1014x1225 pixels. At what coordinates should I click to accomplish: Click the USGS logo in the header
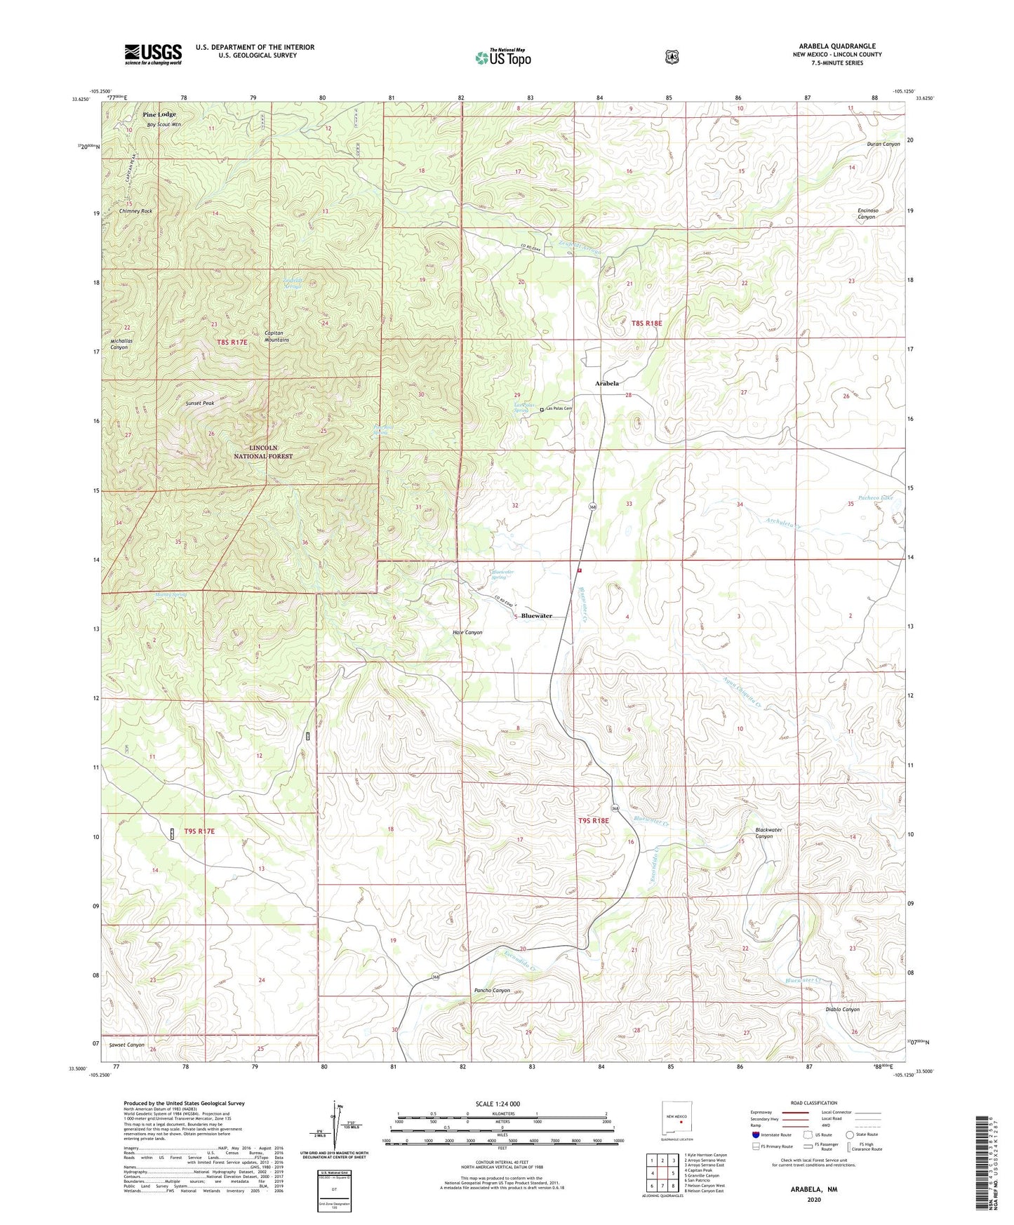[x=153, y=54]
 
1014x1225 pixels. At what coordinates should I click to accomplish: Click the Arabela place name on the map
[x=607, y=384]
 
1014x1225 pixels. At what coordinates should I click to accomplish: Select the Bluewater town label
[x=536, y=616]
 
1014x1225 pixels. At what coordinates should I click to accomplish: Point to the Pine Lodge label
[x=159, y=114]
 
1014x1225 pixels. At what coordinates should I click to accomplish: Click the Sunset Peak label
[x=199, y=403]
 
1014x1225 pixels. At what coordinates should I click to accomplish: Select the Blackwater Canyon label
[x=768, y=833]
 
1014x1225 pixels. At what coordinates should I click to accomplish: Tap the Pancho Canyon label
[x=492, y=991]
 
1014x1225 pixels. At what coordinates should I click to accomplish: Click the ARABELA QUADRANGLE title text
[x=836, y=46]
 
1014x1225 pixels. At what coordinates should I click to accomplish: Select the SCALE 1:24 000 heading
[x=498, y=1104]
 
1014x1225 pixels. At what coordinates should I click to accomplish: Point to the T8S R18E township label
[x=646, y=323]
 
